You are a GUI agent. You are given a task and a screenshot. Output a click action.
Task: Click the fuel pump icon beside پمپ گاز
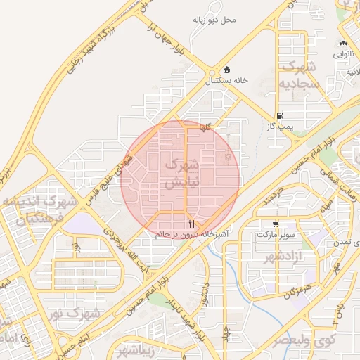[281, 116]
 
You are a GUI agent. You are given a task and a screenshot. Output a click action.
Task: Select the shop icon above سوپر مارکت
[274, 224]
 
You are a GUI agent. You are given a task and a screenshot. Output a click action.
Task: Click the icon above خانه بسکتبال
[226, 70]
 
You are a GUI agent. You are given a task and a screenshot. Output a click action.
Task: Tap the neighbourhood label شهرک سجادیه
[300, 75]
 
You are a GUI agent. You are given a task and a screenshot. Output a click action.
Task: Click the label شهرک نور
[77, 311]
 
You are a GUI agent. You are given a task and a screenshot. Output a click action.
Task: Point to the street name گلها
[205, 127]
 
